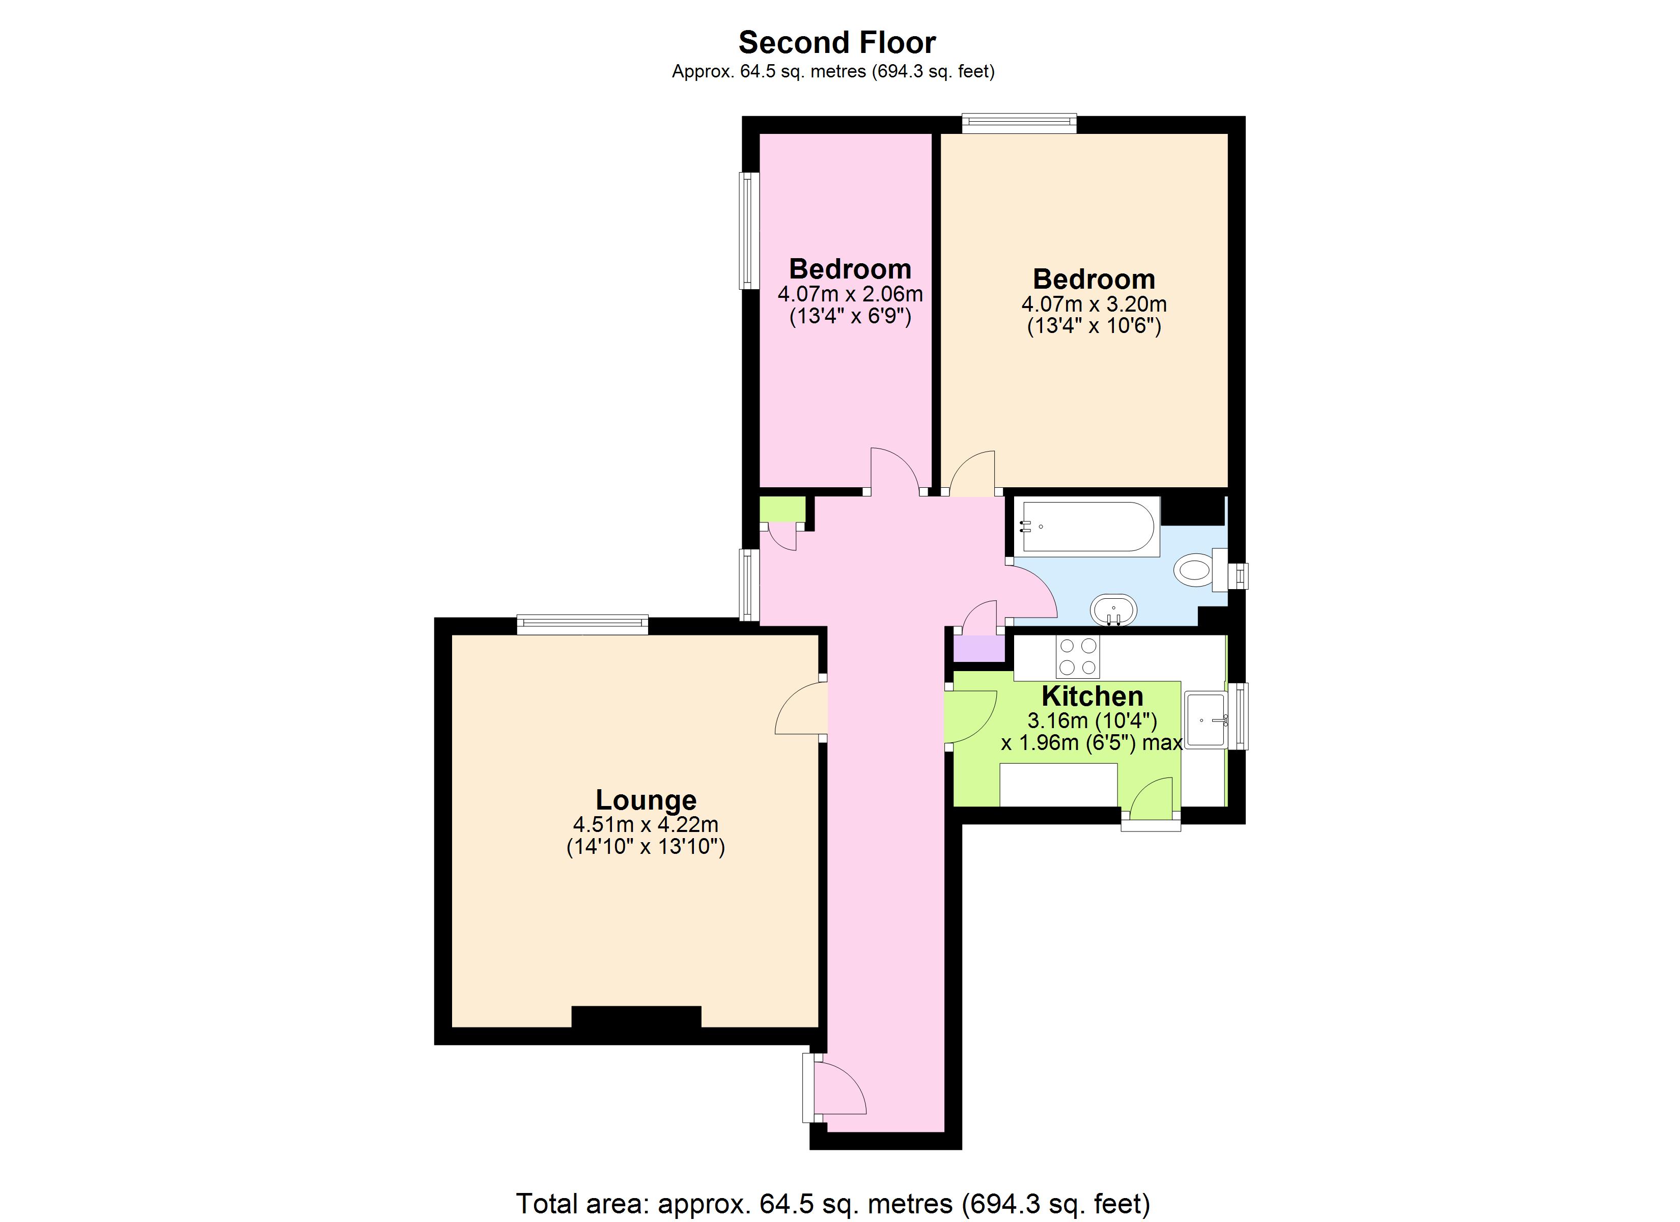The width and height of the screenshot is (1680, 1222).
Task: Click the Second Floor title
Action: click(837, 43)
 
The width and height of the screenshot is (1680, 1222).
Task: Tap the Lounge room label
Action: click(646, 800)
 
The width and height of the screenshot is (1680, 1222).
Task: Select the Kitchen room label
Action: click(1092, 697)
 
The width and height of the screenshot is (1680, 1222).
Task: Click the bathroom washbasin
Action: click(1113, 610)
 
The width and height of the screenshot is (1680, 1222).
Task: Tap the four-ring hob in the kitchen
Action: click(1078, 657)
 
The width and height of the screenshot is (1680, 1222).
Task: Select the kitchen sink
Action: click(1205, 719)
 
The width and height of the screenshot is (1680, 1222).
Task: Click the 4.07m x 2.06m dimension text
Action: click(850, 294)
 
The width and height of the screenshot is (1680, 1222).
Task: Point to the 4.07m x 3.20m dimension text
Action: click(1094, 304)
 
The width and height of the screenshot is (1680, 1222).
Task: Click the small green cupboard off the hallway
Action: click(782, 510)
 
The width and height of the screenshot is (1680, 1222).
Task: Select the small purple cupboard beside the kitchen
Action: click(978, 649)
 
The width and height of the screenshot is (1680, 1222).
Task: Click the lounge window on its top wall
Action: click(582, 625)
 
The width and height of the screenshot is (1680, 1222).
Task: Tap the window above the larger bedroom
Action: click(1019, 124)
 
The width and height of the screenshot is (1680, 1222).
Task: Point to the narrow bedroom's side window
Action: click(749, 231)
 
